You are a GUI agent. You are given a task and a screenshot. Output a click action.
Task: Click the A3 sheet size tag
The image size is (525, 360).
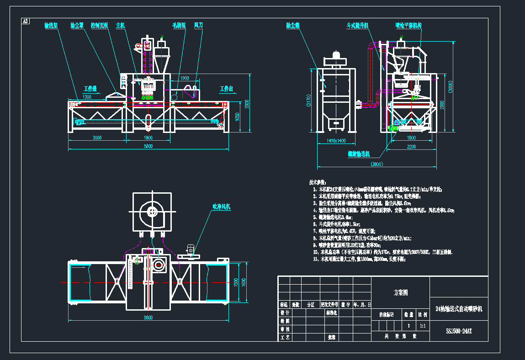[x=26, y=21]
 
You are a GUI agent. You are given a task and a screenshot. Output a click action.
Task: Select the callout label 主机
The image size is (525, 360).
[x=121, y=25]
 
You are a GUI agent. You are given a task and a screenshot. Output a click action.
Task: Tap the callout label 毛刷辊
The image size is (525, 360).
[x=179, y=25]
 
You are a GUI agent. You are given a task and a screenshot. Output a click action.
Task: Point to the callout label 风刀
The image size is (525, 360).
[x=199, y=25]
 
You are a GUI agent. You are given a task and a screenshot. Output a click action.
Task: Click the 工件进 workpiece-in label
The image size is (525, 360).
[x=90, y=88]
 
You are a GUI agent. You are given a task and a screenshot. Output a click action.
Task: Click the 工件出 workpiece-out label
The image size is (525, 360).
[x=226, y=88]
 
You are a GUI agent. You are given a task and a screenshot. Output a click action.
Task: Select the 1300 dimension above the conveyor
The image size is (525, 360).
[x=87, y=97]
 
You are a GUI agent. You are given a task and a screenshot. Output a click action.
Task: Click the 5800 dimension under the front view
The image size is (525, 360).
[x=148, y=146]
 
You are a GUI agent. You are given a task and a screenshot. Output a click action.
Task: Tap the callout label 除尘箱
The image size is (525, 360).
[x=292, y=25]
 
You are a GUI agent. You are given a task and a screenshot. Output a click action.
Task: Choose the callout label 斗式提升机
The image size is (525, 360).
[x=358, y=25]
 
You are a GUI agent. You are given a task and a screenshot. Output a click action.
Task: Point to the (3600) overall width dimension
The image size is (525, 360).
[x=377, y=164]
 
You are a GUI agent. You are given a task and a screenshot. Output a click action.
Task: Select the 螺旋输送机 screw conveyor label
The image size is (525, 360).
[x=359, y=154]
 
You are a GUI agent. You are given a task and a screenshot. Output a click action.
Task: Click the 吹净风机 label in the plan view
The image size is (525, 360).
[x=222, y=207]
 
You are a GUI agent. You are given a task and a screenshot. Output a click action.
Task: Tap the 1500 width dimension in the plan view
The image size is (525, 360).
[x=236, y=282]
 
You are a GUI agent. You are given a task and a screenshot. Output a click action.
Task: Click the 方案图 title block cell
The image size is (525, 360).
[x=401, y=292]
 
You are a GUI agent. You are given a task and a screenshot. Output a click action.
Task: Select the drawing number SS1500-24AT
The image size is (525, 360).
[x=459, y=331]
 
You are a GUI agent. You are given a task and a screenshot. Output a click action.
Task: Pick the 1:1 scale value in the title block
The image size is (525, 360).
[x=422, y=326]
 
